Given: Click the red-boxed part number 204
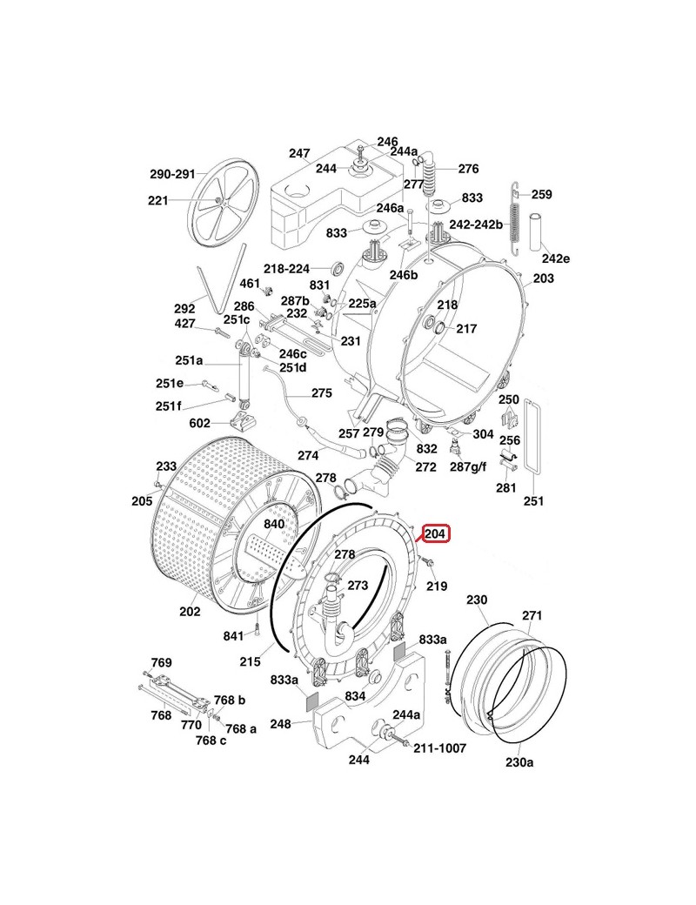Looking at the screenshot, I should [x=435, y=533].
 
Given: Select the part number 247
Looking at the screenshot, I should [x=299, y=153].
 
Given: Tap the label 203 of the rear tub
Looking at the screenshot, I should [x=543, y=278].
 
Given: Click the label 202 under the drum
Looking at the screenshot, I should [x=190, y=611].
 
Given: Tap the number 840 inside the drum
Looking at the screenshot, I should [x=274, y=525].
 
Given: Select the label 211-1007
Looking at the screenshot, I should [x=439, y=747].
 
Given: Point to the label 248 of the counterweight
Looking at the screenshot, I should [x=304, y=722].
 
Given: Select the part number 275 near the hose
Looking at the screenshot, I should [x=321, y=393].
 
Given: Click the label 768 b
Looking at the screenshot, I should [x=230, y=701].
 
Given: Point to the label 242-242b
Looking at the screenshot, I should [x=477, y=224].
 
